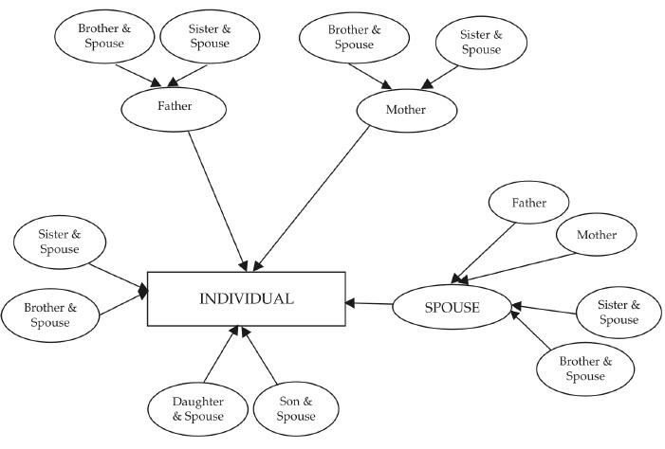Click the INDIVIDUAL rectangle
246,298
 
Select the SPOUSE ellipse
451,307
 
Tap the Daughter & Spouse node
198,409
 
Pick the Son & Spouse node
295,409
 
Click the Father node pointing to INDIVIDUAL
174,106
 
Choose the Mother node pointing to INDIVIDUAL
406,110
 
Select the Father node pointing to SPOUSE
528,203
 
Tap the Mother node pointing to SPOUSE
596,235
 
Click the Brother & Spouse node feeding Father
104,36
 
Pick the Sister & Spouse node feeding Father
209,36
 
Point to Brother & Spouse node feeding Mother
347,37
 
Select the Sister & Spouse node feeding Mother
481,43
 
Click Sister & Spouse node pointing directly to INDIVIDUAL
59,242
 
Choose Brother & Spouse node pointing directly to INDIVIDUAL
49,315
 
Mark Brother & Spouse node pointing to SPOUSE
585,369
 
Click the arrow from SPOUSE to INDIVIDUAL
369,303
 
